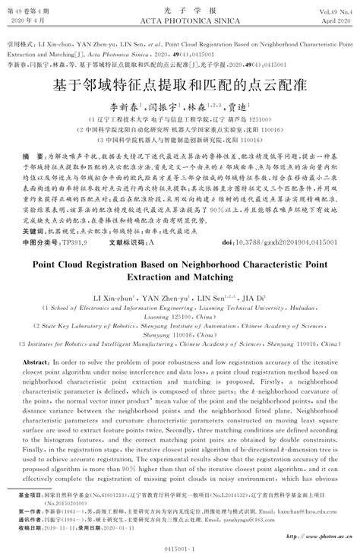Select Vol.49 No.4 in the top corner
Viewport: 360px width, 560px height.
333,8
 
